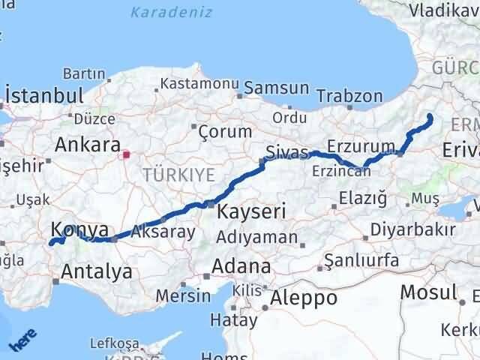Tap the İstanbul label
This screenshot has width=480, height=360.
click(44, 95)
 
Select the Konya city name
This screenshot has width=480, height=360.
click(79, 230)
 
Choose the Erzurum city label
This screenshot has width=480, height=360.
click(361, 145)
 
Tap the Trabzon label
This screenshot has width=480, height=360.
click(349, 96)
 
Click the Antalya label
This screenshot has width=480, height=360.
click(100, 271)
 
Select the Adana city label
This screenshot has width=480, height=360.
click(242, 266)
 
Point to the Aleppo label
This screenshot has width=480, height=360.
click(304, 298)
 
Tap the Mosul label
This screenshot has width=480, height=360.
click(428, 292)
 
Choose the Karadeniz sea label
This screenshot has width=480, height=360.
click(171, 12)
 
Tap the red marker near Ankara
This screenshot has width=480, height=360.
click(127, 155)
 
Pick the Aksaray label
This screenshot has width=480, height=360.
click(163, 232)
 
